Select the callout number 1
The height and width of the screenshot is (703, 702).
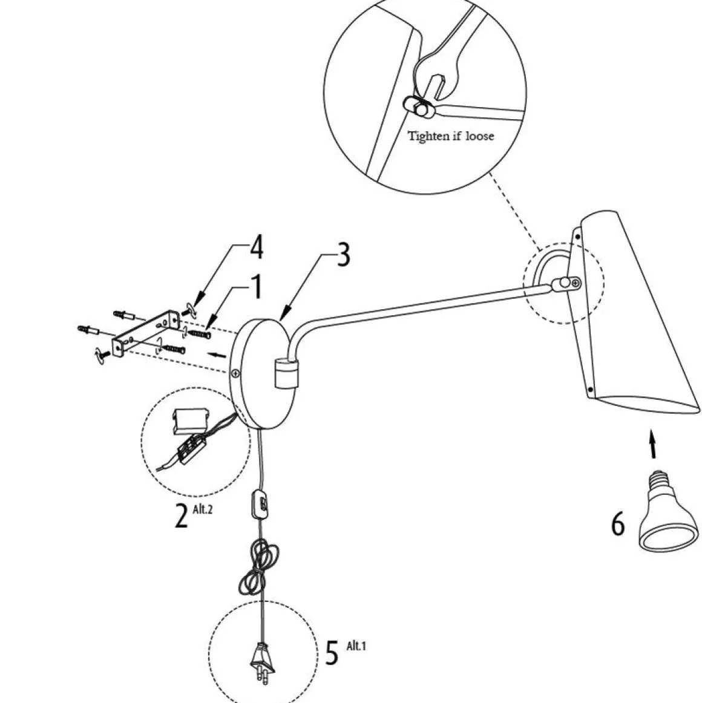point(257,288)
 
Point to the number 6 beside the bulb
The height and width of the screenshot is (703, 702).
point(617,524)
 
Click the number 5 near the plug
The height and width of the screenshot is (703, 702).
point(332,653)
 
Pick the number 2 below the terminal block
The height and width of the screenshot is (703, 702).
point(181,516)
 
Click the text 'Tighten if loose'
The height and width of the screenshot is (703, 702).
point(451,136)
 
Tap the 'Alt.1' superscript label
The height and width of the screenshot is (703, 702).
point(356,646)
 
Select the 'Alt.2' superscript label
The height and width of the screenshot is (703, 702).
point(202,509)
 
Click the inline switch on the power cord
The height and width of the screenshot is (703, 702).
point(261,502)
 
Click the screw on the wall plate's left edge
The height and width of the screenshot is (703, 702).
point(232,374)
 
